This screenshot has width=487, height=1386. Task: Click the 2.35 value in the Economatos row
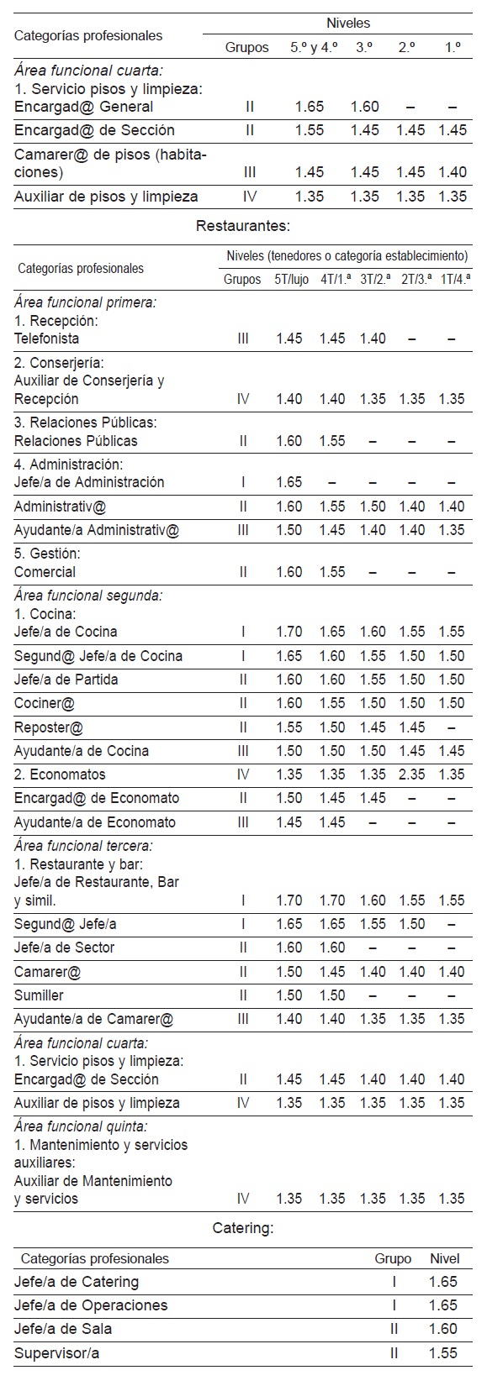tap(412, 774)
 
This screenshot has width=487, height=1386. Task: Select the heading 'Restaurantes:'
tap(243, 225)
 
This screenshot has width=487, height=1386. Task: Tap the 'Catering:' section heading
tap(243, 1228)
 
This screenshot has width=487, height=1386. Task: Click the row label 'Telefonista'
tap(47, 339)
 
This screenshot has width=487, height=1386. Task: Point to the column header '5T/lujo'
tap(289, 280)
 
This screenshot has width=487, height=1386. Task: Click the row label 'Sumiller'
tap(39, 995)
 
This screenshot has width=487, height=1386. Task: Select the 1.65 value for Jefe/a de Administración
tap(289, 482)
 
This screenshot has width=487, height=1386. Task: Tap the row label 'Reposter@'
tap(49, 727)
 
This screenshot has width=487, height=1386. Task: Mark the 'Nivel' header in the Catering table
tap(444, 1258)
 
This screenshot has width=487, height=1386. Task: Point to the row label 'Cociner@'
tap(45, 703)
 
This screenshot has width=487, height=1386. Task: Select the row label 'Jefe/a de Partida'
tap(66, 680)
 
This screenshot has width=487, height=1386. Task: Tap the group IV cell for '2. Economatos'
tap(243, 774)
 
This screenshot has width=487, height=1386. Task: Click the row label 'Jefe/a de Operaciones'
tap(91, 1305)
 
